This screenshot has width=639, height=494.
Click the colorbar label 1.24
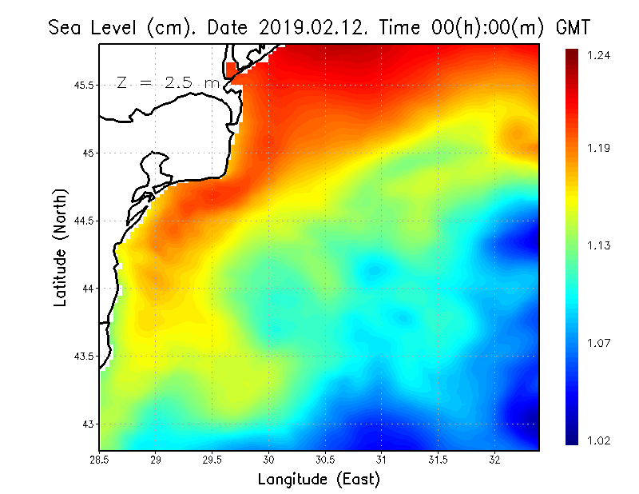(599, 55)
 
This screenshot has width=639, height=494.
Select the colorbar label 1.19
(599, 149)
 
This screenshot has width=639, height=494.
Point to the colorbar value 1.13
(599, 245)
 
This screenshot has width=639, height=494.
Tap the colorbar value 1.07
(599, 344)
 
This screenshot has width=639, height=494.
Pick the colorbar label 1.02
(599, 440)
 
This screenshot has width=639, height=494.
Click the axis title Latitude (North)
(61, 246)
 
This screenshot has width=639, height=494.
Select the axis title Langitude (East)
(319, 479)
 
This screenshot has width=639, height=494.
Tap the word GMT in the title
(573, 27)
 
